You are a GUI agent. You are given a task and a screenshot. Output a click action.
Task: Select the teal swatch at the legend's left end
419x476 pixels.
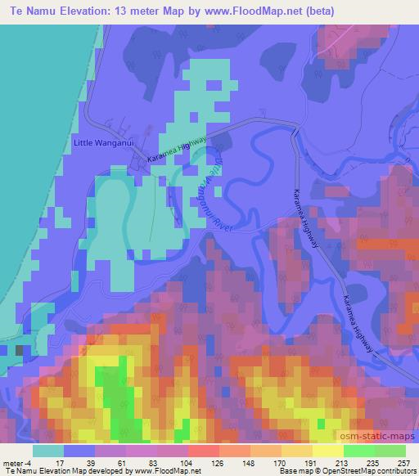[x=49, y=450]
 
